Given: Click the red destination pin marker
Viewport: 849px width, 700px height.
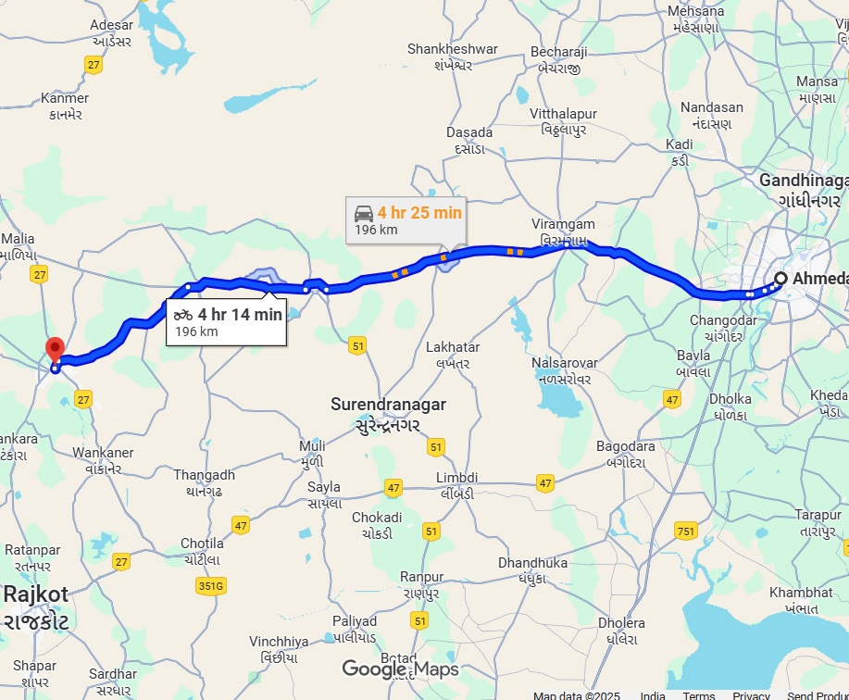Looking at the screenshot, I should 55,350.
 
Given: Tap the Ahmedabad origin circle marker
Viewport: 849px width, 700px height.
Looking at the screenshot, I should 780,278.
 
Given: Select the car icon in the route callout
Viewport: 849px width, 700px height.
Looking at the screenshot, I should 364,213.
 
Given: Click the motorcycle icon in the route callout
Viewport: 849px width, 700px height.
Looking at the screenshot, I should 183,315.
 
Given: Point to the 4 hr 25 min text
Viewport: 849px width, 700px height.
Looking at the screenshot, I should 418,213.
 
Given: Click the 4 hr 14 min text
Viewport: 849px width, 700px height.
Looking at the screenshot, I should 239,315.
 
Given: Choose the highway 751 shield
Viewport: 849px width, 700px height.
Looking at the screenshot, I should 686,531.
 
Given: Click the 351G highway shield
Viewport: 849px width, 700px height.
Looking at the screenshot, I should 211,585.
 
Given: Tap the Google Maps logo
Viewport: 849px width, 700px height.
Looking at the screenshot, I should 400,669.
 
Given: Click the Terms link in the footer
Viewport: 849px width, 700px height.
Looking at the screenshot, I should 699,695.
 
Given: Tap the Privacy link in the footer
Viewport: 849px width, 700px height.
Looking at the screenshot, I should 751,695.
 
